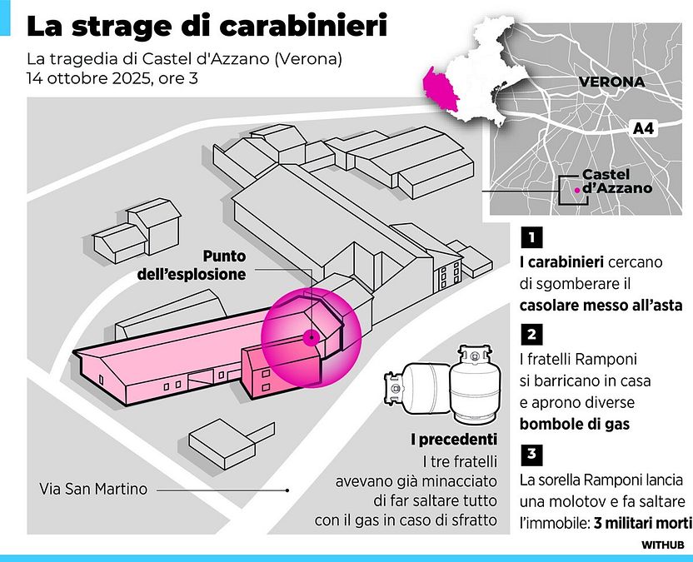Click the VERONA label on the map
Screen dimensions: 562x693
[611, 82]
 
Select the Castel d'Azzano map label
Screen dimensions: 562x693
[616, 182]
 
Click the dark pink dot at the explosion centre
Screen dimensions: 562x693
[310, 337]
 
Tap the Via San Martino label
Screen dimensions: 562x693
[92, 489]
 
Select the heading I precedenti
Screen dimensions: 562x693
[454, 439]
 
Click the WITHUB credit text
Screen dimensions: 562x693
[662, 544]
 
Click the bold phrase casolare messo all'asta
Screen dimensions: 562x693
[600, 305]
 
